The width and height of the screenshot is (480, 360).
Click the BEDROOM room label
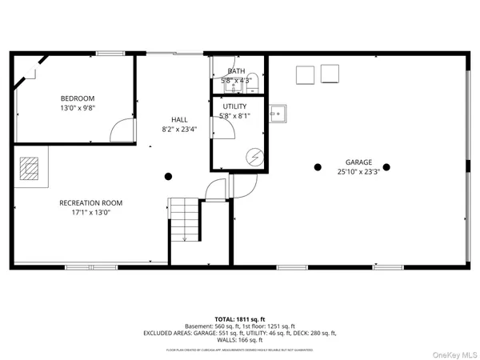pyautogui.click(x=77, y=98)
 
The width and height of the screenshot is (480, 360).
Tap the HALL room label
pyautogui.click(x=179, y=118)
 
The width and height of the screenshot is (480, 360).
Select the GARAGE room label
pyautogui.click(x=358, y=162)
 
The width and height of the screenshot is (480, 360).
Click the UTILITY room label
pyautogui.click(x=234, y=106)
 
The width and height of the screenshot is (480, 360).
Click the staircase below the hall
pyautogui.click(x=184, y=220)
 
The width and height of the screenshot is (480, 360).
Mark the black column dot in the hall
pyautogui.click(x=168, y=176)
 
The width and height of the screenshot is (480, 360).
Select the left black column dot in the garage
pyautogui.click(x=318, y=167)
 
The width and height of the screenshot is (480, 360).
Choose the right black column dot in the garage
pyautogui.click(x=386, y=167)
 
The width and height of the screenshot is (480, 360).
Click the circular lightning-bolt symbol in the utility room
pyautogui.click(x=255, y=157)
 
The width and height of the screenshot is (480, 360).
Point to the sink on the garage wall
pyautogui.click(x=278, y=113)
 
